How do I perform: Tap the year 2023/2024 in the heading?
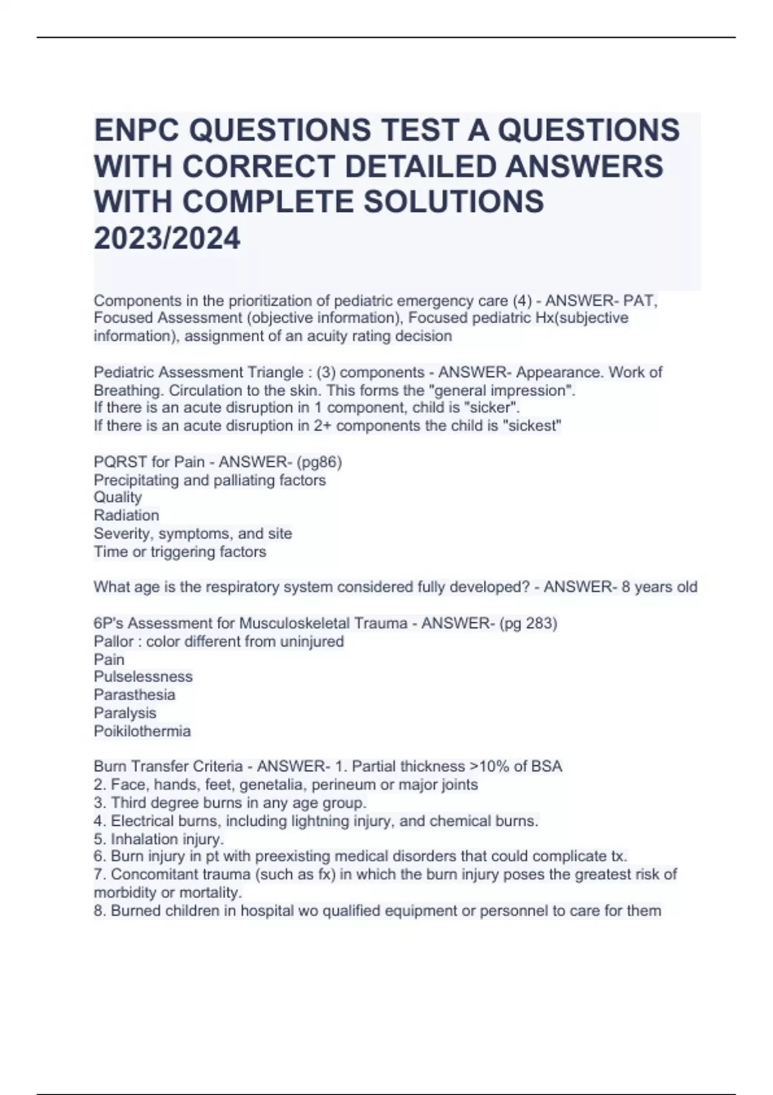(167, 238)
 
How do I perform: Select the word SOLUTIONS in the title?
(454, 202)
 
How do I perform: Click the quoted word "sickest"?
(539, 426)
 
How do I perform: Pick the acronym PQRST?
(117, 462)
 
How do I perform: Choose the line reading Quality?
(118, 497)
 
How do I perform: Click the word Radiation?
(126, 515)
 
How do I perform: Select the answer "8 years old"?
(659, 587)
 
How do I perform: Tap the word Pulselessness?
(143, 677)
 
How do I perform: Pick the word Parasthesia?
(135, 695)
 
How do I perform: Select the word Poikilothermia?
(142, 731)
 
